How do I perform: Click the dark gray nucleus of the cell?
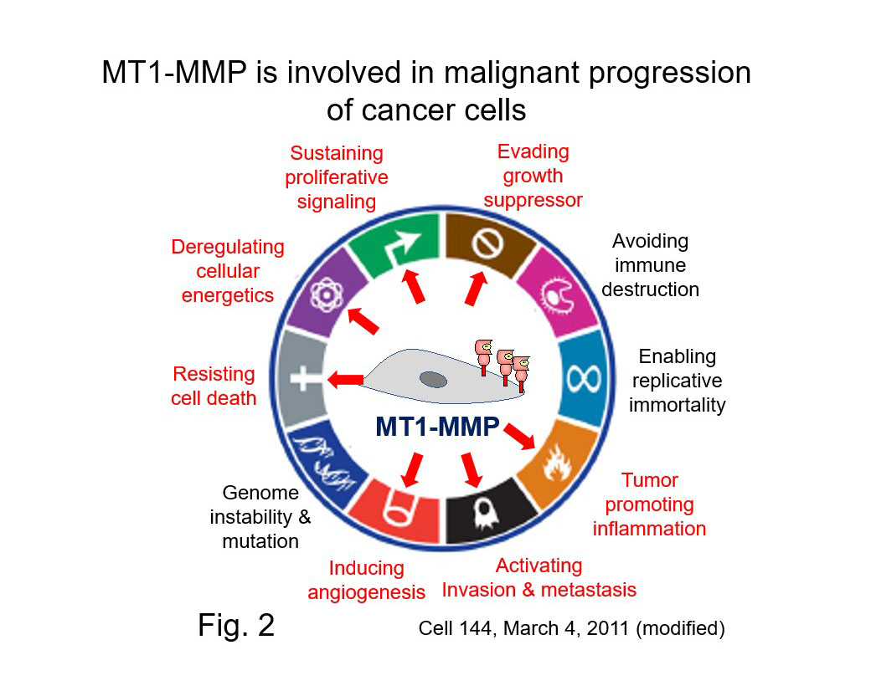pyautogui.click(x=433, y=380)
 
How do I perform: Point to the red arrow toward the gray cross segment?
pyautogui.click(x=344, y=380)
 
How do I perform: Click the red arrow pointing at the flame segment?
pyautogui.click(x=520, y=436)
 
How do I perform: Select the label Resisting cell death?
pyautogui.click(x=214, y=386)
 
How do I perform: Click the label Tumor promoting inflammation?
pyautogui.click(x=649, y=504)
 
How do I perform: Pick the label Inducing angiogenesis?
pyautogui.click(x=366, y=581)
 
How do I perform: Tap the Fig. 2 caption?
pyautogui.click(x=236, y=625)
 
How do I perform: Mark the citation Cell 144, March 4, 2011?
pyautogui.click(x=571, y=628)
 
